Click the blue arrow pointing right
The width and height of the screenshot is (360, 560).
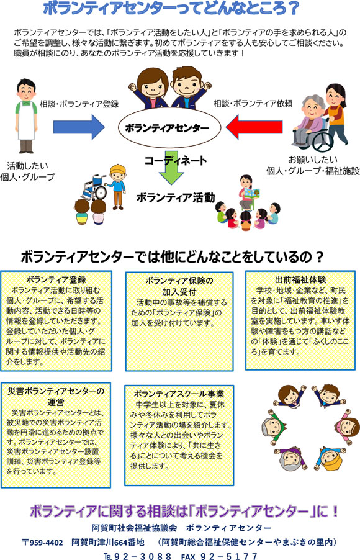point(79,127)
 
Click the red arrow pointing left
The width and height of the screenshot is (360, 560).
point(254,127)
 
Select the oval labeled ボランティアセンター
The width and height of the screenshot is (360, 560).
point(169,128)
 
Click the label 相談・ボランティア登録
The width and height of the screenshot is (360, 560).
point(79,104)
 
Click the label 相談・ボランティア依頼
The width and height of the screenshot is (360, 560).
point(253,104)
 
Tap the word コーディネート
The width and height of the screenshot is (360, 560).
point(176,160)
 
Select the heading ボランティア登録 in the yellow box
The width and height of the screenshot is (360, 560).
point(56,279)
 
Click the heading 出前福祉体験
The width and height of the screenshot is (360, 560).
point(300,279)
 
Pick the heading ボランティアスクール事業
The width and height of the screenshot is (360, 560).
point(179,394)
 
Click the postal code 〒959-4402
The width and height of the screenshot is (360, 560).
point(42,543)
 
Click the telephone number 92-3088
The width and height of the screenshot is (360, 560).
point(138,556)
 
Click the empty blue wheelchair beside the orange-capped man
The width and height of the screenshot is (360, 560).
point(94,187)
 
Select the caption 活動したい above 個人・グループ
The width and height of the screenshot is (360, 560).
point(27,166)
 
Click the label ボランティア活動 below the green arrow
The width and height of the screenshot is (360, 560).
point(176,197)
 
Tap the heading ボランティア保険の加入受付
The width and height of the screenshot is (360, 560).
point(179,286)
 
